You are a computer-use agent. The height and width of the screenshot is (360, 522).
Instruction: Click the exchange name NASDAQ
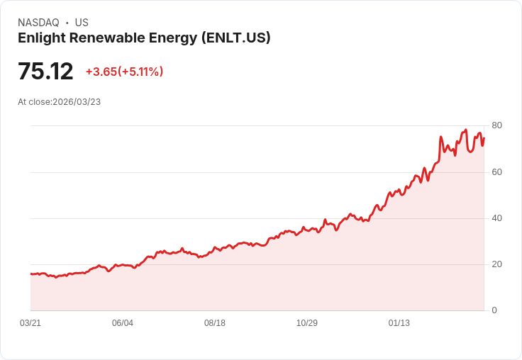point(38,23)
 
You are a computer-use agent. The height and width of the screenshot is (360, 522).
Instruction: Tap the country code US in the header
point(82,23)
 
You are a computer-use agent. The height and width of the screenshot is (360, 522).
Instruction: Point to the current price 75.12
point(45,72)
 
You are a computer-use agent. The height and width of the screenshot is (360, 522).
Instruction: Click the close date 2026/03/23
point(77,102)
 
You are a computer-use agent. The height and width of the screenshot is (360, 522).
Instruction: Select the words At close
point(34,102)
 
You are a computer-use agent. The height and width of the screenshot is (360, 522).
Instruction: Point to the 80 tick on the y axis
point(496,125)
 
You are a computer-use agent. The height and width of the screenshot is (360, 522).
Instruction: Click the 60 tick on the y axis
point(496,171)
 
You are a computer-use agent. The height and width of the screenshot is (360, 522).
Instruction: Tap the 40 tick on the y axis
point(496,218)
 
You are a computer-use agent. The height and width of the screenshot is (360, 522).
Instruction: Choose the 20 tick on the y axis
point(496,264)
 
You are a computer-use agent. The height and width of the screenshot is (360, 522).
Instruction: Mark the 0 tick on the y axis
point(494,310)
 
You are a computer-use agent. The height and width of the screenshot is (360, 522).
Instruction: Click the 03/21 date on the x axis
point(30,323)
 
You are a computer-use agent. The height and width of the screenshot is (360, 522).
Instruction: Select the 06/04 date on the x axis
point(123,323)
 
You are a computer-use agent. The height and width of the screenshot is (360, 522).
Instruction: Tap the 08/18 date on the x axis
point(215,323)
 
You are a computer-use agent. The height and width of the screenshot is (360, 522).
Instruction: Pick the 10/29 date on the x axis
point(307,323)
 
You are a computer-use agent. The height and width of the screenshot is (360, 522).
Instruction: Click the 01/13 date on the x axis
point(399,323)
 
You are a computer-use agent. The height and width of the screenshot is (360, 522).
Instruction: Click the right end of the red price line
point(484,137)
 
